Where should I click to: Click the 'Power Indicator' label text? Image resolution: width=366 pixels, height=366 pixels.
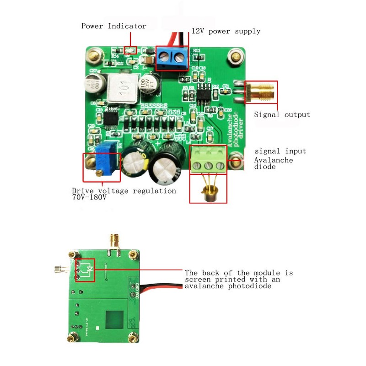[114, 26]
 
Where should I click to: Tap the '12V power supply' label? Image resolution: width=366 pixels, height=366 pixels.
[226, 31]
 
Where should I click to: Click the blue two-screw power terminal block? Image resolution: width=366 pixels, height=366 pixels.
[172, 57]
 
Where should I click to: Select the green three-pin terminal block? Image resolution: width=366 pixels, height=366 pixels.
[208, 160]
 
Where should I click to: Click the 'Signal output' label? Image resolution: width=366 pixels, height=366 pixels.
[282, 114]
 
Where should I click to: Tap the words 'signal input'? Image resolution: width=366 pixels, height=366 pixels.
[280, 151]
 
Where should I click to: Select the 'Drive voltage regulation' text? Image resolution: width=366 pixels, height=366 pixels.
[124, 191]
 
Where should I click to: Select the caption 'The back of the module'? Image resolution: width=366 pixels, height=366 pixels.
[238, 273]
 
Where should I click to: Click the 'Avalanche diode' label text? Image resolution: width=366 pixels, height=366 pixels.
[274, 163]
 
